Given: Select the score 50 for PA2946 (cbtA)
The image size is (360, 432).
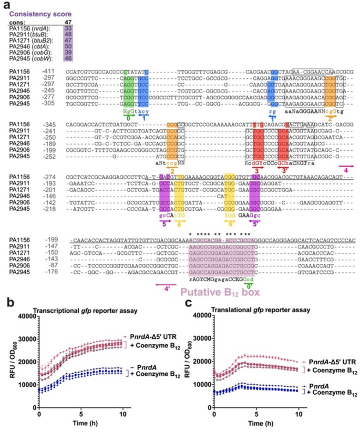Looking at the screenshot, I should pos(68,46).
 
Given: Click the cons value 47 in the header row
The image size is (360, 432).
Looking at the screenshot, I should pos(68,22).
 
